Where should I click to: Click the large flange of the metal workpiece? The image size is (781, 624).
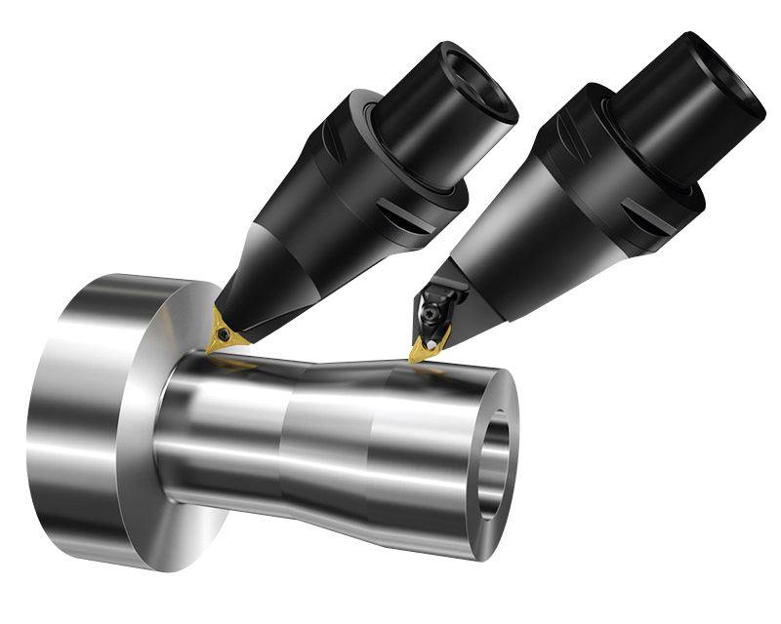pos(88,419)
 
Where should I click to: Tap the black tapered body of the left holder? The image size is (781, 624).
pos(293,263)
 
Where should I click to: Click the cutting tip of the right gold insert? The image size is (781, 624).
pos(414,358)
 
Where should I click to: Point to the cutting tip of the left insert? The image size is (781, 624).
pos(209,350)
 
